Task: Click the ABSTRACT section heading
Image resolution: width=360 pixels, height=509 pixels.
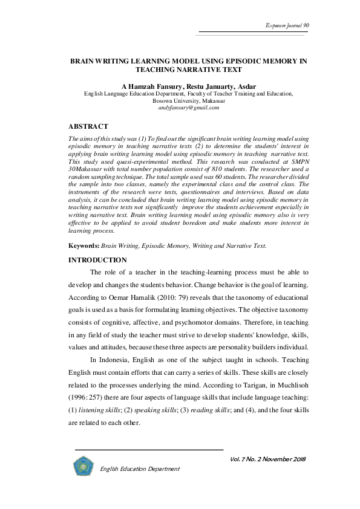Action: click(x=89, y=126)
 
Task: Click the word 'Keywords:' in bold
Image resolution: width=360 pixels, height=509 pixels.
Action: click(x=83, y=246)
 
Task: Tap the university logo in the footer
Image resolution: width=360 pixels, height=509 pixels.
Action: click(x=82, y=466)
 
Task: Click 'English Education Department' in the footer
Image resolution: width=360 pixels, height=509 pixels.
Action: click(x=140, y=468)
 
